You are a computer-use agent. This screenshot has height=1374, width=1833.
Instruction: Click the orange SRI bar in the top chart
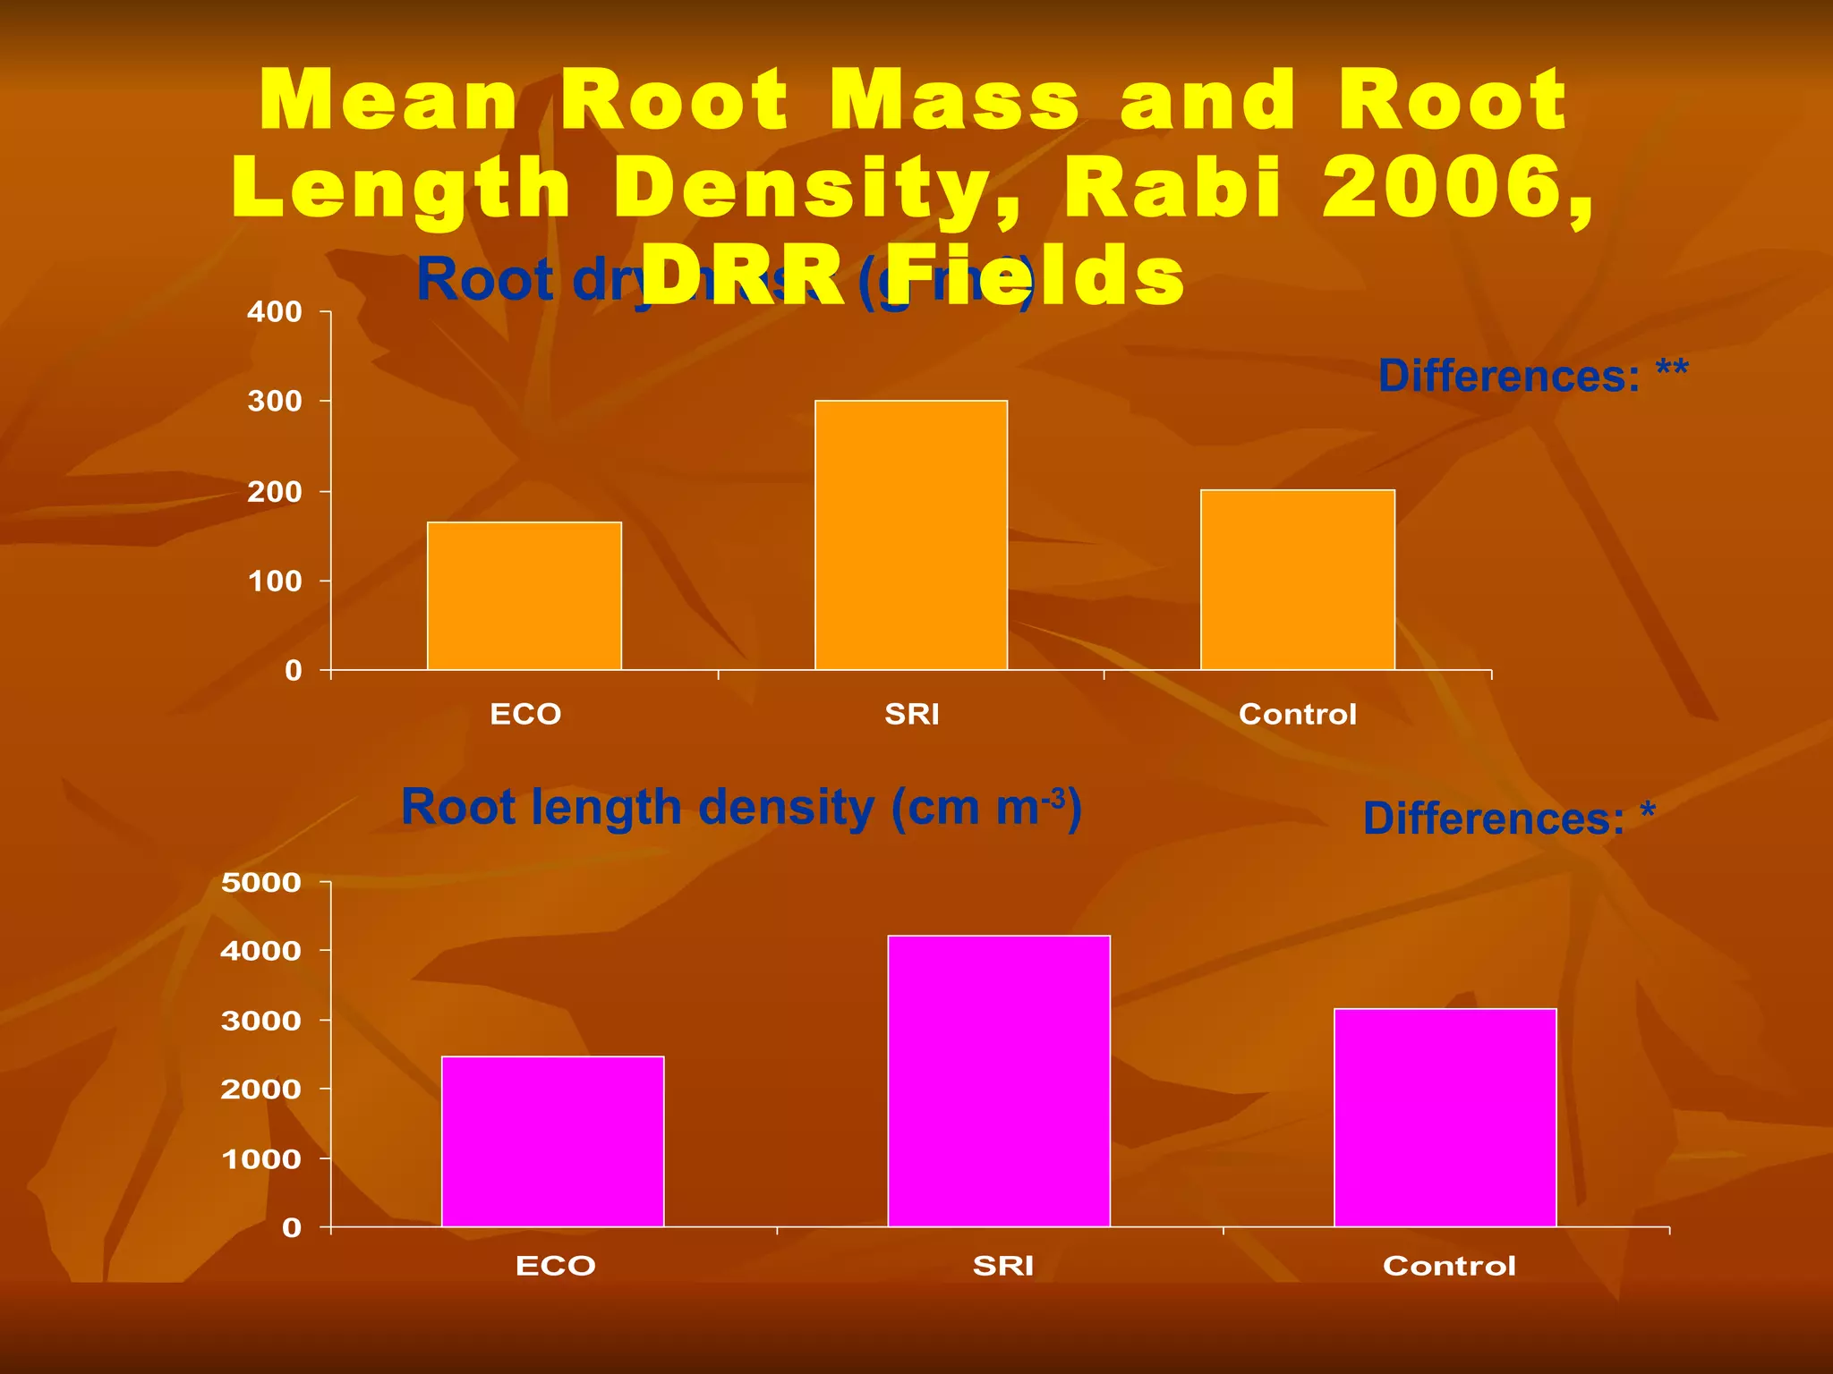pyautogui.click(x=911, y=535)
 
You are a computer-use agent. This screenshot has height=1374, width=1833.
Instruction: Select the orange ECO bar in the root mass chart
pyautogui.click(x=524, y=596)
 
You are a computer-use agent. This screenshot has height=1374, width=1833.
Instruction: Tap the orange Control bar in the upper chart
pyautogui.click(x=1298, y=580)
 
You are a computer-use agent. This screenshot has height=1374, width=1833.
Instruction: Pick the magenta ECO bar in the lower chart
pyautogui.click(x=553, y=1141)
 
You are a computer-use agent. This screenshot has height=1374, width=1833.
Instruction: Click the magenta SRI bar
pyautogui.click(x=999, y=1081)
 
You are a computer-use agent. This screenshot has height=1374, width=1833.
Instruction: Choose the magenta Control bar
pyautogui.click(x=1445, y=1117)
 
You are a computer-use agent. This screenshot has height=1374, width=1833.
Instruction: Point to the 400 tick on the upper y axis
pyautogui.click(x=275, y=312)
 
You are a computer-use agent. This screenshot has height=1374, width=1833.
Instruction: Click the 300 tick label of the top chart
pyautogui.click(x=275, y=402)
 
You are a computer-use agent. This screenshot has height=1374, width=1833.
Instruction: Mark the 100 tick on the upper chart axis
pyautogui.click(x=275, y=581)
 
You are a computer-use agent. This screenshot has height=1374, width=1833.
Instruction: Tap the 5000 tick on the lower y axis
pyautogui.click(x=261, y=883)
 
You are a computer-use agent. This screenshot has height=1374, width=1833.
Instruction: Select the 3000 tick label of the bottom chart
pyautogui.click(x=261, y=1021)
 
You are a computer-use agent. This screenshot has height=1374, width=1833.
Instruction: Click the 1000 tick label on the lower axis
pyautogui.click(x=261, y=1158)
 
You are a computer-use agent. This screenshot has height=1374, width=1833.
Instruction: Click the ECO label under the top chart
pyautogui.click(x=525, y=714)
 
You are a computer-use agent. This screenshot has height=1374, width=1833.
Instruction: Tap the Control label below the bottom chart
pyautogui.click(x=1449, y=1266)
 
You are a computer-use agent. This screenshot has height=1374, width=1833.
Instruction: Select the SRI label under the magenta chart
pyautogui.click(x=1002, y=1266)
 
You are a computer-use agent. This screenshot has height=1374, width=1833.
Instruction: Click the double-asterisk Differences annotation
pyautogui.click(x=1532, y=376)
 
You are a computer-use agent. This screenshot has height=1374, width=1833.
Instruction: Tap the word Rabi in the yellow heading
pyautogui.click(x=1172, y=188)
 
